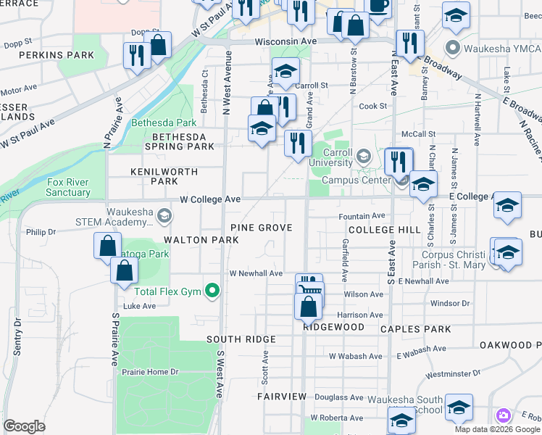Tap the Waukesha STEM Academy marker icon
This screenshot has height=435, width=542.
165,215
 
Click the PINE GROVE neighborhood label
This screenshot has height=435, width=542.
262,228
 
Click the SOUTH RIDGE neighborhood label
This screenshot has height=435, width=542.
241,339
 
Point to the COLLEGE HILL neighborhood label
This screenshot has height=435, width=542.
384,229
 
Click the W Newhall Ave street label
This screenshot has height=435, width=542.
256,273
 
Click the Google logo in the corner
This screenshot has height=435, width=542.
24,426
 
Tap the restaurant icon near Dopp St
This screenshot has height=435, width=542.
135,54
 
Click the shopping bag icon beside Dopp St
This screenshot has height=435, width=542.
159,45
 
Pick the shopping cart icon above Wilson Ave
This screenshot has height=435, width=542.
309,285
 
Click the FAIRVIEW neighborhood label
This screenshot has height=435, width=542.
282,397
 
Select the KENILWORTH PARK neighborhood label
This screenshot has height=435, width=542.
154,176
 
